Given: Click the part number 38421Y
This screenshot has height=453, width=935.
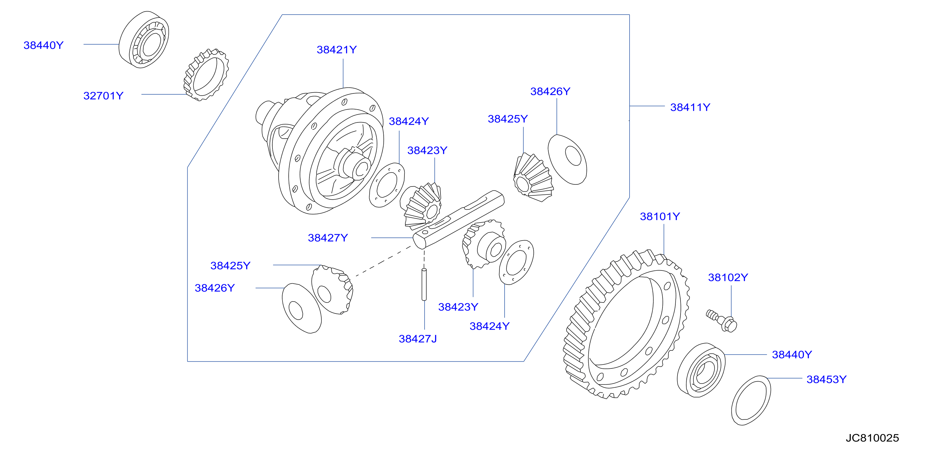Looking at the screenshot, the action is (x=337, y=50).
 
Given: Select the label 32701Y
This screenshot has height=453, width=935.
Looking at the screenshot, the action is (x=104, y=96).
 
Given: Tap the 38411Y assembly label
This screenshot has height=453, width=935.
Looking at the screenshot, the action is (x=690, y=107).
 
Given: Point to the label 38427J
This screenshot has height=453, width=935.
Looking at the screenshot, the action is (x=418, y=339).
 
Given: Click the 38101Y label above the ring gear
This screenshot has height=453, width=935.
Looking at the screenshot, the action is (x=660, y=216).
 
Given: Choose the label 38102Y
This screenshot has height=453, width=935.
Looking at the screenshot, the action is (x=728, y=277).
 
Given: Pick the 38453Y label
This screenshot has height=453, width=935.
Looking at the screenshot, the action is (x=827, y=379).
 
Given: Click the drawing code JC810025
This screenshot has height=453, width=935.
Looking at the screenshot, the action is (x=872, y=438).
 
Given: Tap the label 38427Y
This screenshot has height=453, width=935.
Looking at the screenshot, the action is (x=328, y=238).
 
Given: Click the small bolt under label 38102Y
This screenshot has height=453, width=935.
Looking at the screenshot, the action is (x=722, y=320).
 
